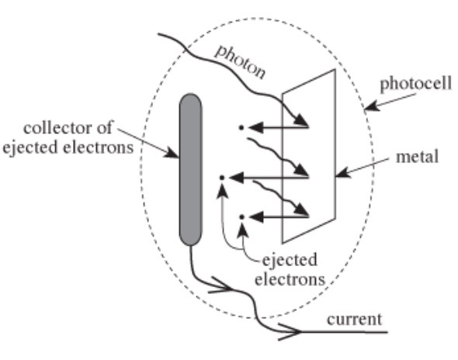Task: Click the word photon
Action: coord(241,63)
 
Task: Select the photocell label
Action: coord(415,84)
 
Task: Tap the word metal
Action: coord(417,157)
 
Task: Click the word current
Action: coord(354,320)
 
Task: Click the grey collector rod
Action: coord(190,169)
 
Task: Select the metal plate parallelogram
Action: coord(308,156)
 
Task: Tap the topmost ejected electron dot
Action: coord(241,127)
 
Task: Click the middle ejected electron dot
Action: coord(222,178)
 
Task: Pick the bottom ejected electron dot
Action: coord(242,217)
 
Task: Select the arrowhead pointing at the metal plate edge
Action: coord(342,173)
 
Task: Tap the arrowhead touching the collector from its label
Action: coord(172,153)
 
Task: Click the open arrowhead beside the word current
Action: coord(290,332)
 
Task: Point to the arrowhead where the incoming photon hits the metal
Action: coord(301,119)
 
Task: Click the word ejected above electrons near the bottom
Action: coord(290,261)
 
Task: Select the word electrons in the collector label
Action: coord(99,147)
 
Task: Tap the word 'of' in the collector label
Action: coord(105,127)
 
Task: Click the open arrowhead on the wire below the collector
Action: coord(221,286)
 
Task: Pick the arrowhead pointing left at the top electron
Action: coord(256,127)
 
